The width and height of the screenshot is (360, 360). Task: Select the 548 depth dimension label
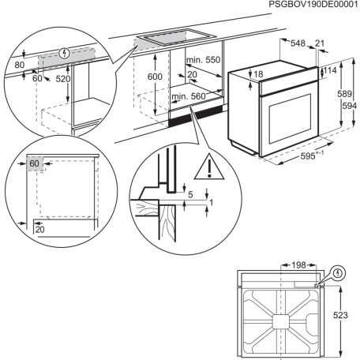click(x=298, y=44)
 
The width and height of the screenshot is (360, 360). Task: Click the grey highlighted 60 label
click(x=34, y=163)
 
